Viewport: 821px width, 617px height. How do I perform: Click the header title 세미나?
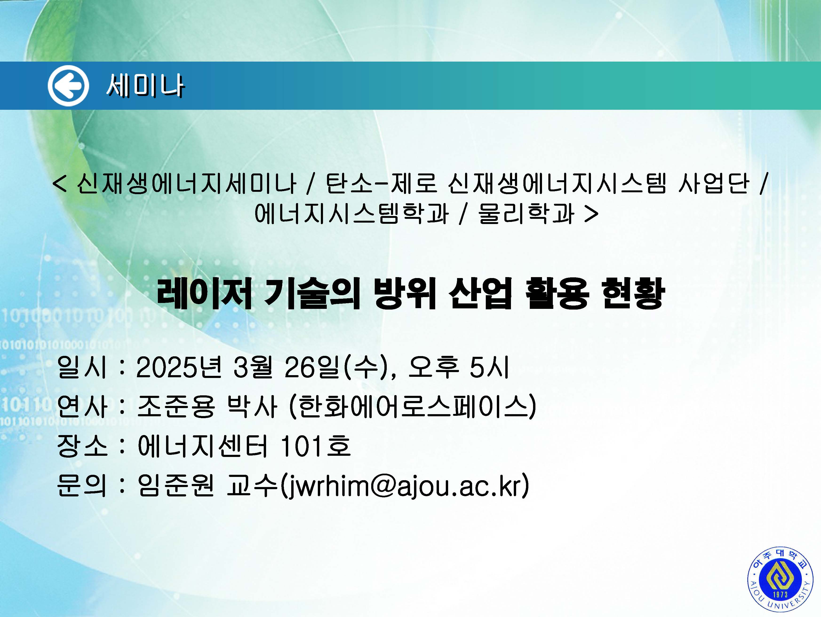[145, 86]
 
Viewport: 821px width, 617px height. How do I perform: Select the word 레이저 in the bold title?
[204, 293]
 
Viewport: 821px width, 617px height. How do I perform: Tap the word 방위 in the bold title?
[405, 293]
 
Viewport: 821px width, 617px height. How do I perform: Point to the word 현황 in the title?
[633, 293]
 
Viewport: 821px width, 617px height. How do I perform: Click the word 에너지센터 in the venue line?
[202, 445]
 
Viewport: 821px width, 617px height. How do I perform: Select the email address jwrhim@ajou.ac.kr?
[405, 485]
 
